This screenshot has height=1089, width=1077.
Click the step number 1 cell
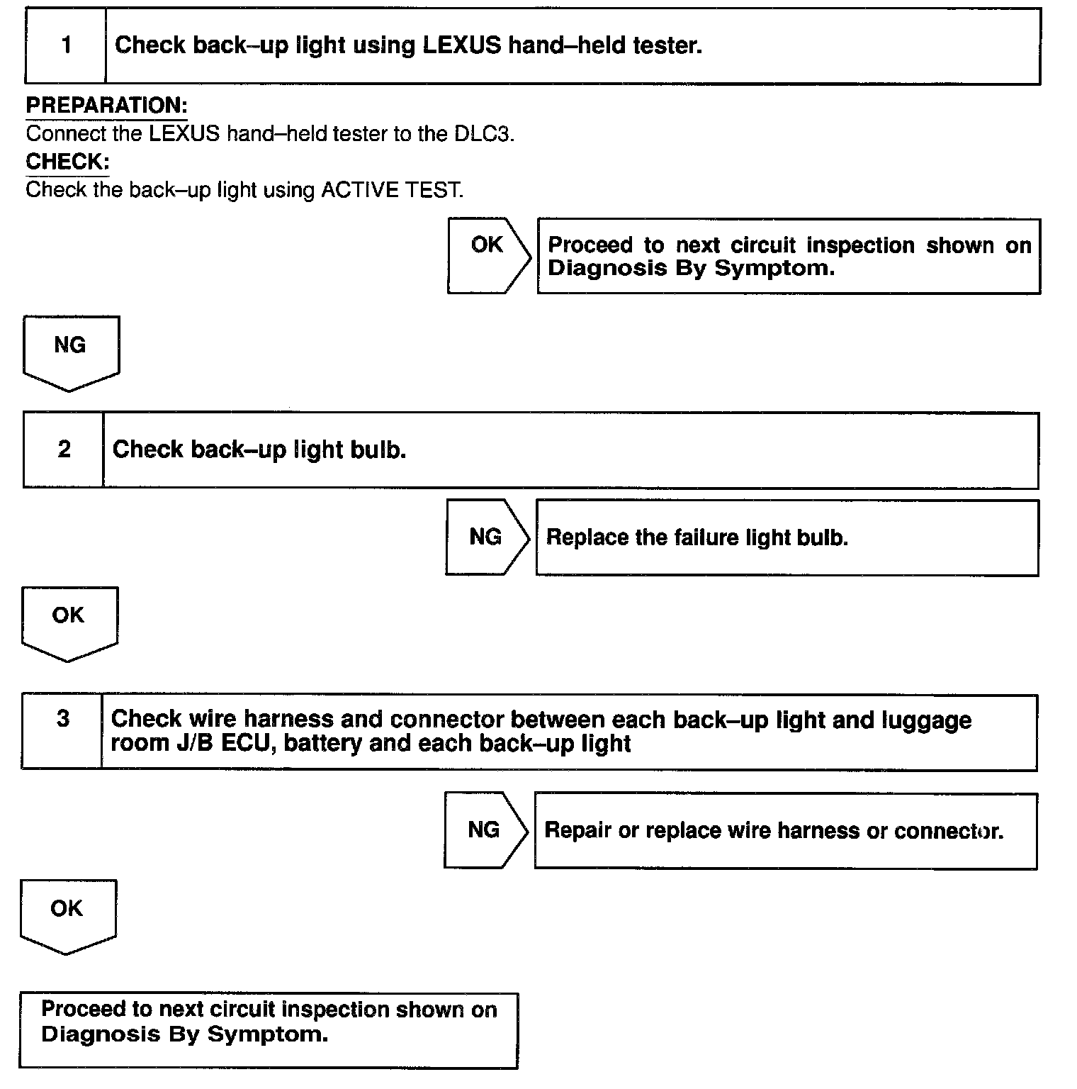point(66,46)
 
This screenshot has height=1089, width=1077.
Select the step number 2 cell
point(64,449)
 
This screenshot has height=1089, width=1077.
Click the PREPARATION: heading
point(106,106)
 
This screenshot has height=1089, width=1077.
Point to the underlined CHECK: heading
point(67,162)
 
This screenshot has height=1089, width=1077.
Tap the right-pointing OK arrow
point(488,255)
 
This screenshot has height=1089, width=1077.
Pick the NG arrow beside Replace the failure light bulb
point(487,537)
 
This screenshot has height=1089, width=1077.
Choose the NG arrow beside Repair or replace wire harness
point(485,830)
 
